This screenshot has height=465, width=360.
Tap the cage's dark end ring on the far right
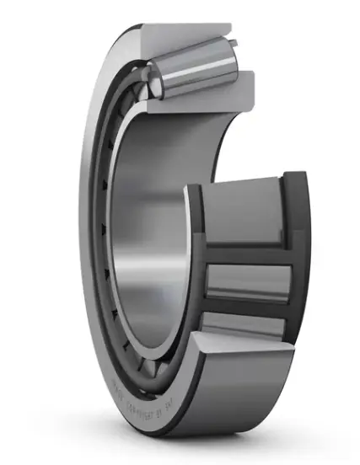tap(295, 253)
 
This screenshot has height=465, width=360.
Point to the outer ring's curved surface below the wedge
tap(244, 421)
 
